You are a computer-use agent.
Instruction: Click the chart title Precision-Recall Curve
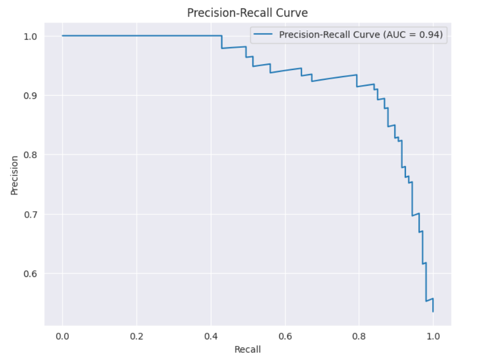pos(247,13)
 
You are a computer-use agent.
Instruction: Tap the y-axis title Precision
pos(14,174)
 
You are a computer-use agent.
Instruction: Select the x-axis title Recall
pos(247,349)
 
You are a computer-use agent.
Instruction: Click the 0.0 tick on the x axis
pos(62,335)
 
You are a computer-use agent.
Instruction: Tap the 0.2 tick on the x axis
pos(137,335)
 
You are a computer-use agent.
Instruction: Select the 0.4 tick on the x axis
pos(211,335)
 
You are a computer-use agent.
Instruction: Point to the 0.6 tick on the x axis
pos(285,335)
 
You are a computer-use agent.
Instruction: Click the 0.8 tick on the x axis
pos(359,335)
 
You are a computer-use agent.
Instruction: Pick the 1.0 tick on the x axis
pos(433,335)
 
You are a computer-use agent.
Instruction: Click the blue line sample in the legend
pos(264,35)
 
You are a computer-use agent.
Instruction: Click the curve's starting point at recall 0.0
pos(63,36)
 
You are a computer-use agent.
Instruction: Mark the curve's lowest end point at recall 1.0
pos(433,312)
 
